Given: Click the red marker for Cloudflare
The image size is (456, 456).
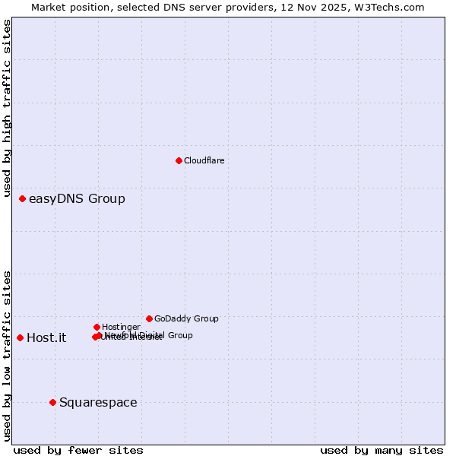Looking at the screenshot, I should (x=179, y=160).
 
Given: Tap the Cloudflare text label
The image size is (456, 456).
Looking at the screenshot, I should (x=204, y=160).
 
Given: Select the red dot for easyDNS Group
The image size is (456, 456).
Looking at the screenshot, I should (x=22, y=198).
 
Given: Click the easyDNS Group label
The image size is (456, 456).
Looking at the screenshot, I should (x=77, y=199).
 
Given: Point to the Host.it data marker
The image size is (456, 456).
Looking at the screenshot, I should (x=20, y=337).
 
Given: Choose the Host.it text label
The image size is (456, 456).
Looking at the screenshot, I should (x=46, y=338).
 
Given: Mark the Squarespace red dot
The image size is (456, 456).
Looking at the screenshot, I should (x=52, y=402).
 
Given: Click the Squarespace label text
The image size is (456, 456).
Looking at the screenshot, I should (x=98, y=403).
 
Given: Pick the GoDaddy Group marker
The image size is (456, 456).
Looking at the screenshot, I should (x=149, y=318).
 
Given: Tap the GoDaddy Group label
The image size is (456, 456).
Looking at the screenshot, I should (x=186, y=318).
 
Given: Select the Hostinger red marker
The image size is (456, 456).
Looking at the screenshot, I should (x=97, y=327).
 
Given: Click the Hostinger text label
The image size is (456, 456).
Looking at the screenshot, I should (x=121, y=327).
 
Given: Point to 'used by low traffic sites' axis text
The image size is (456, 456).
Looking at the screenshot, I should (x=8, y=356).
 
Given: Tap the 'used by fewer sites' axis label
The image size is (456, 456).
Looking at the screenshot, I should (x=78, y=450).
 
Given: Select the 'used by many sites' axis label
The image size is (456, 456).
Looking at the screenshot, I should (x=382, y=450).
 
